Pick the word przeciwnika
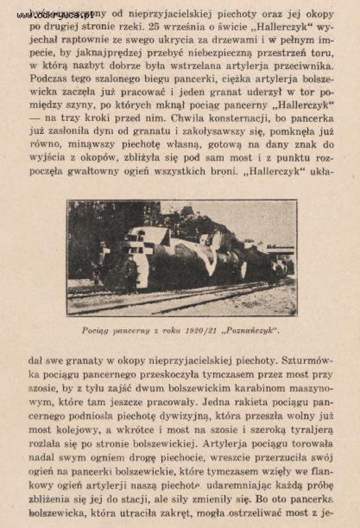(303, 66)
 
